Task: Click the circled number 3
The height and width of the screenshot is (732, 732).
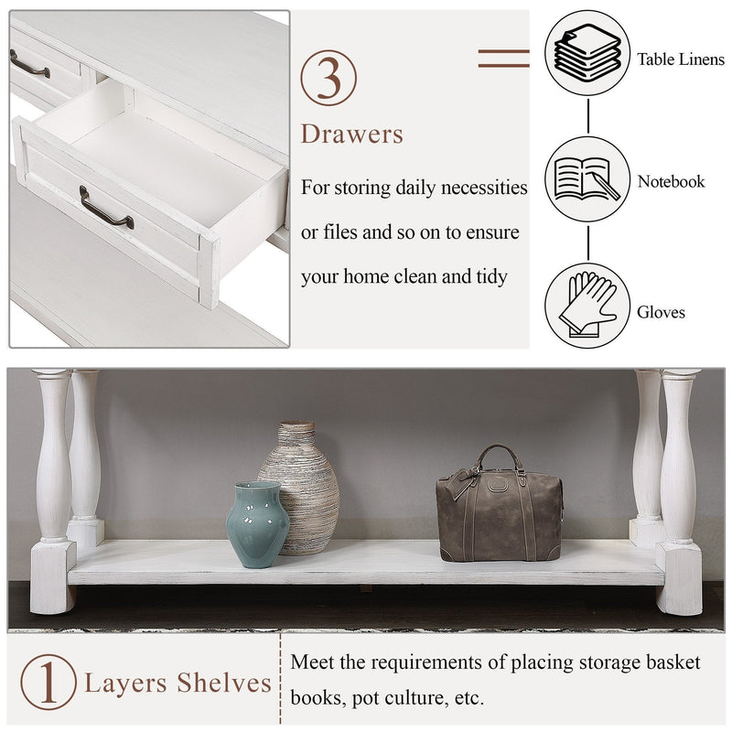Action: pos(328,77)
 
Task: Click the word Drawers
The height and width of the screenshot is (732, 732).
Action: pos(352,135)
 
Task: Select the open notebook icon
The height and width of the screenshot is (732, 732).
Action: pos(587,179)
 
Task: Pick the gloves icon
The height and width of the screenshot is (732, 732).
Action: pos(587,306)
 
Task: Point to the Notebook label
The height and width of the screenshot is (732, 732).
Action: pos(672,181)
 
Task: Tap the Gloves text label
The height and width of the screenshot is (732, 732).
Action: pos(661,312)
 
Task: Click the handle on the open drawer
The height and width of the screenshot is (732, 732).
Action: pos(105,208)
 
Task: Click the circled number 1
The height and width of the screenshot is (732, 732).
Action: pos(48,683)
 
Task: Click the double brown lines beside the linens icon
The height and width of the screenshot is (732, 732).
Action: pos(503,59)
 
